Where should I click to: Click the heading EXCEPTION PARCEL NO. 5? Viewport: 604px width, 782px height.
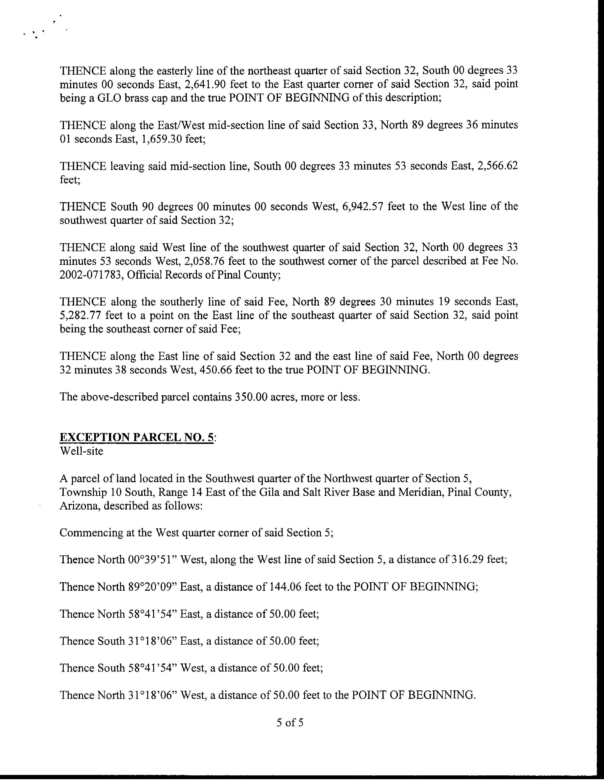(137, 437)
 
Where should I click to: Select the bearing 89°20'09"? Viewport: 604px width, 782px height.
(154, 586)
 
